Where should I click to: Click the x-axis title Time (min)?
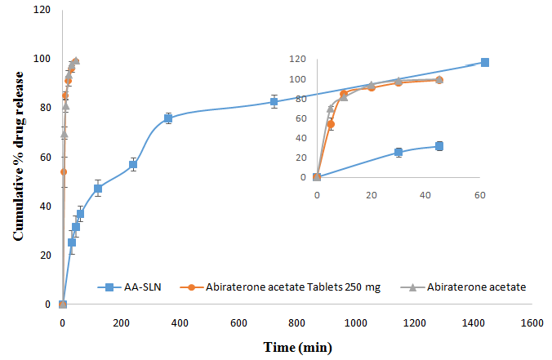296,346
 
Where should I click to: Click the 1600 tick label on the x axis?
532,322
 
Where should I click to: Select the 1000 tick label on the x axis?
356,322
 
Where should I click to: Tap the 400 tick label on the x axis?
180,322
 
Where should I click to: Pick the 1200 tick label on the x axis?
415,322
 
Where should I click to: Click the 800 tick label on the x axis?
297,322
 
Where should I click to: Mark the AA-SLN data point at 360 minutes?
168,118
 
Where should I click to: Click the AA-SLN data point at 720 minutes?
274,102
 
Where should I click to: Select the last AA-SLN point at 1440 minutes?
485,63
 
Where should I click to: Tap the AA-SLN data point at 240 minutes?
133,165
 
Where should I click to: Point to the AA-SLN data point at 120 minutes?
98,189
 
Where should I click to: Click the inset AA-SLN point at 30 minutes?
398,152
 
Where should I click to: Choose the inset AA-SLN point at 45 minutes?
439,146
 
